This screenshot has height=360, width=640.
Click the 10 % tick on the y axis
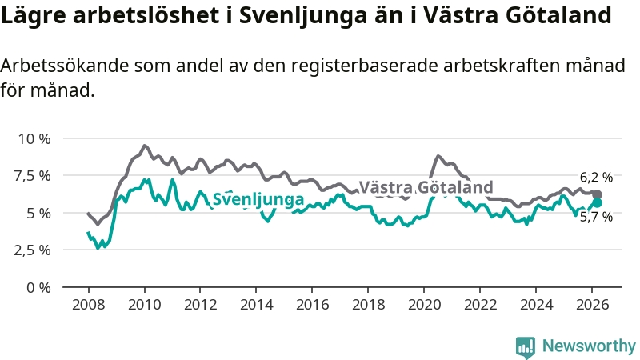[33, 138]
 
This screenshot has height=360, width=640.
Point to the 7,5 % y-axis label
[33, 175]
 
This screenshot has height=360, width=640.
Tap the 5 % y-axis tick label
[38, 213]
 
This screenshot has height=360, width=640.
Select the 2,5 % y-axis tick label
[33, 250]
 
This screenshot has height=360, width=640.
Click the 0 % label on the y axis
[38, 286]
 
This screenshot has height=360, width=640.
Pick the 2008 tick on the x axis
[88, 304]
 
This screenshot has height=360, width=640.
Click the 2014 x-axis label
[256, 304]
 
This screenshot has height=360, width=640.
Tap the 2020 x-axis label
[425, 304]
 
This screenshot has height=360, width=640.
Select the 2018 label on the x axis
[369, 304]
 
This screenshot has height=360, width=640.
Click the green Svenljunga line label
[258, 199]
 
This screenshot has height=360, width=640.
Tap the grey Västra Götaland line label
[426, 187]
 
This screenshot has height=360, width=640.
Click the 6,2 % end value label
[597, 177]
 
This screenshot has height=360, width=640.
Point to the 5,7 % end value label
[597, 216]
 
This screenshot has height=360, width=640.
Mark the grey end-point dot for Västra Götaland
[597, 194]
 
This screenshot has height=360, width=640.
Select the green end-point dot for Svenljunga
[597, 202]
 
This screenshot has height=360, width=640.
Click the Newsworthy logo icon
[526, 346]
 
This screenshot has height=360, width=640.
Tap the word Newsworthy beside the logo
[589, 346]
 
